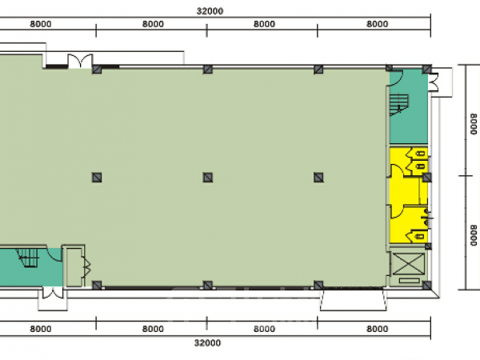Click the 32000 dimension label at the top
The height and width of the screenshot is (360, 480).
(x=210, y=11)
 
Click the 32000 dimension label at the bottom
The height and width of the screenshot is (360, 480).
(x=207, y=343)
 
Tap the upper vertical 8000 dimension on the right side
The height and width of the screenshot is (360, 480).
(x=474, y=124)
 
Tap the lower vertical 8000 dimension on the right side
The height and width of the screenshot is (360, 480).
(x=474, y=235)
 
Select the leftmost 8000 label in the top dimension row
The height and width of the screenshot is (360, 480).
(x=41, y=24)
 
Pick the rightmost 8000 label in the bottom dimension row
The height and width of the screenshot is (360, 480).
(x=377, y=329)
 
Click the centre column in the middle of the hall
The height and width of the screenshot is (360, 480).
(x=207, y=178)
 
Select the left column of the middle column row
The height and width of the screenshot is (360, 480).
(x=97, y=178)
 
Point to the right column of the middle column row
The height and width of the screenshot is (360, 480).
(x=318, y=178)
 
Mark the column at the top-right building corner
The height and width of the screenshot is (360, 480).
(x=427, y=69)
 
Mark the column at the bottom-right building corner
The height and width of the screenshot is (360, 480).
(x=427, y=286)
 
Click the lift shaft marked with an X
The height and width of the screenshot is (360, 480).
(x=409, y=263)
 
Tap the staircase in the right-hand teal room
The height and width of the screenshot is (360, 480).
(x=399, y=105)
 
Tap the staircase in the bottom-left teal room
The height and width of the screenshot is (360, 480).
(x=28, y=258)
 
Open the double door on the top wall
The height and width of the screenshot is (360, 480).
(x=80, y=61)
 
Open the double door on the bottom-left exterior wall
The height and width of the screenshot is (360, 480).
(x=53, y=293)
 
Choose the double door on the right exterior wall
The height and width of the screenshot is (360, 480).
(x=434, y=82)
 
